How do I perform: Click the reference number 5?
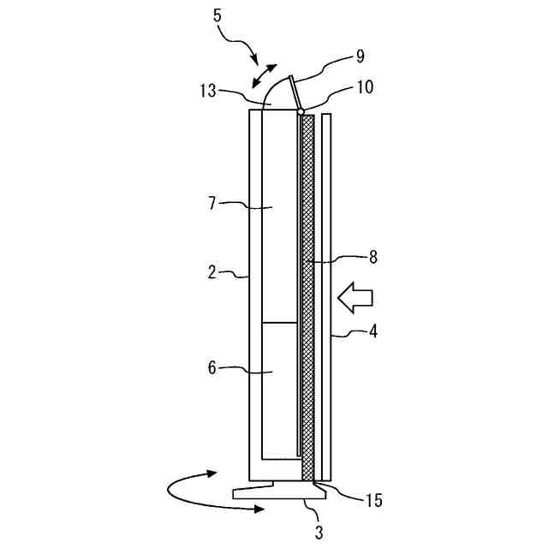tap(217, 15)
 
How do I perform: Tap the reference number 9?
tap(360, 57)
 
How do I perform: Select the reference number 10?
tap(365, 87)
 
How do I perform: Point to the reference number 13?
tap(208, 91)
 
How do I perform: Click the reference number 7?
tap(211, 204)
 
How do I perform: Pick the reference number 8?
tap(373, 257)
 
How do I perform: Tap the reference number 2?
tap(211, 272)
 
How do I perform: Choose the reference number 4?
tap(373, 331)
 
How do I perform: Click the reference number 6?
tap(212, 367)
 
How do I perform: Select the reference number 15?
tap(374, 500)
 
